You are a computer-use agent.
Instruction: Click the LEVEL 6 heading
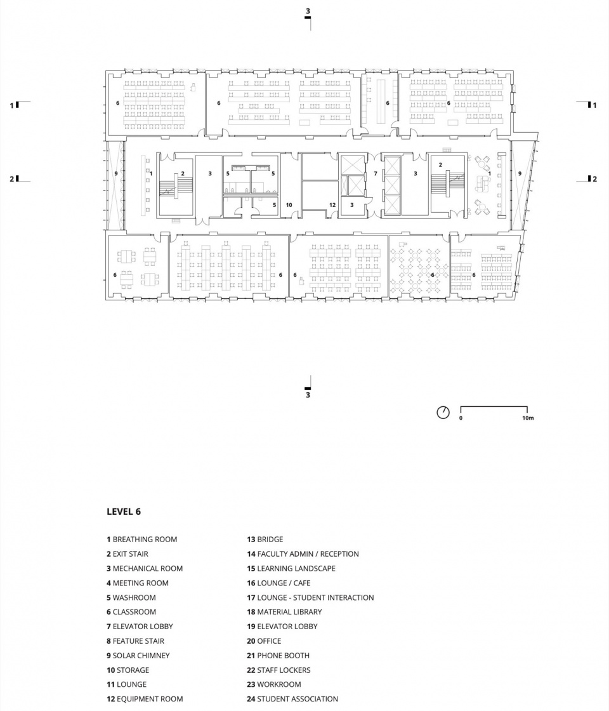coord(124,512)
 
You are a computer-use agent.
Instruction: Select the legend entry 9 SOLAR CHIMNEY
coord(138,655)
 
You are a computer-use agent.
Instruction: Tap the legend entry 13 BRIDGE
coord(265,539)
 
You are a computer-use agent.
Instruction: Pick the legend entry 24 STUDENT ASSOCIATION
coord(292,699)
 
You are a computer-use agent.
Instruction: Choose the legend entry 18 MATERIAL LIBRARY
coord(285,612)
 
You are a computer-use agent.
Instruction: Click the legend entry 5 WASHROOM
coord(131,597)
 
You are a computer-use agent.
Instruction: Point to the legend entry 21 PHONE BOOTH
coord(278,655)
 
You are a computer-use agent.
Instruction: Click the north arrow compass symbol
coord(443,412)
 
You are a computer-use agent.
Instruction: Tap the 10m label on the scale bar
coord(528,418)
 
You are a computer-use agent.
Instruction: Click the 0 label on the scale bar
coord(461,418)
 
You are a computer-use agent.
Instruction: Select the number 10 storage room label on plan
coord(289,205)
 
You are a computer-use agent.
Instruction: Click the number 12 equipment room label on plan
coord(332,205)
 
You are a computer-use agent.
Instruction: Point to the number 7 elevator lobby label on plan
coord(375,174)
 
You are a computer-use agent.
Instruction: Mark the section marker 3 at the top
coord(308,13)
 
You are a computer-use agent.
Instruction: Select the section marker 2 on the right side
coord(593,179)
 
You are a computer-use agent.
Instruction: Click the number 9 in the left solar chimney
coord(116,174)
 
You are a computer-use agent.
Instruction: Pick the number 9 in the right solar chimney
coord(520,174)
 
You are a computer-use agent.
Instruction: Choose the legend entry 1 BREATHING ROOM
coord(142,539)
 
